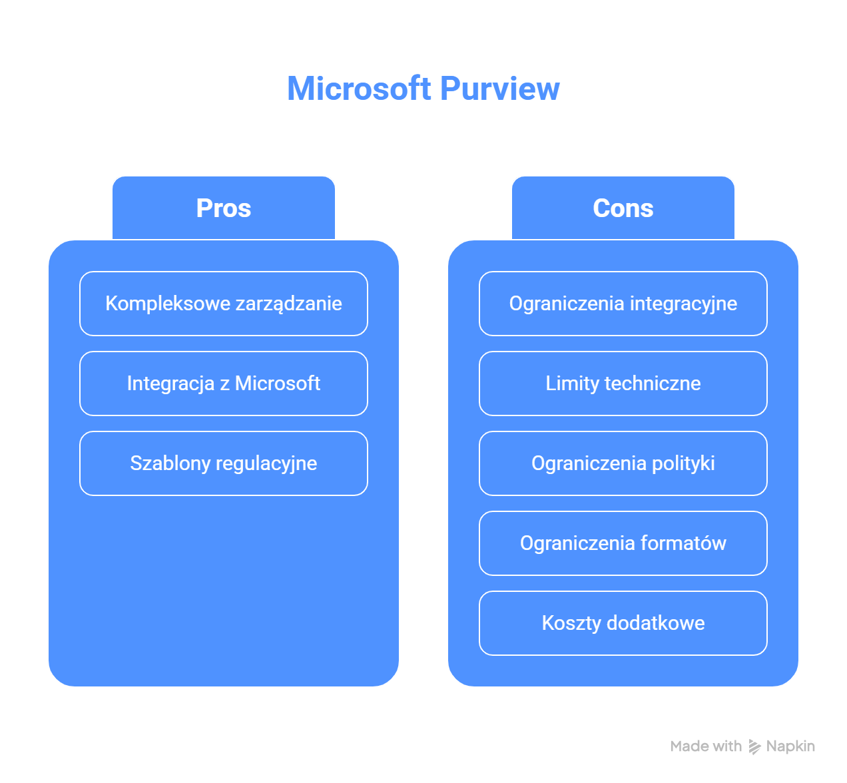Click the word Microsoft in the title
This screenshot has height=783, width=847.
coord(359,89)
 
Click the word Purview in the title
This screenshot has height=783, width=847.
coord(499,89)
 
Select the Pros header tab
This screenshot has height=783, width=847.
coord(224,208)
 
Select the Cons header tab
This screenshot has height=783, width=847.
coord(623,208)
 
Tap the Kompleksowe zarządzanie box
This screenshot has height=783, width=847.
coord(224,304)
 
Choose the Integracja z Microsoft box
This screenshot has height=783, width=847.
coord(224,384)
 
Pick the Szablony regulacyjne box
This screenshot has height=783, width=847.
coord(224,463)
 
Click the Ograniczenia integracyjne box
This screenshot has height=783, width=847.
coord(623,304)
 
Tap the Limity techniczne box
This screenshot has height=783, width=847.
coord(623,384)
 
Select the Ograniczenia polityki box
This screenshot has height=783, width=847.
coord(623,463)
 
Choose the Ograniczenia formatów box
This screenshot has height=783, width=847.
coord(623,543)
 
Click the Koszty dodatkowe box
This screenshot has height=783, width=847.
coord(623,623)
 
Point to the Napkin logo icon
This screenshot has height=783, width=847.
coord(754,746)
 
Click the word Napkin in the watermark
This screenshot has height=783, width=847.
coord(790,746)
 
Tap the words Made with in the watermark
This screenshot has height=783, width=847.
coord(706,746)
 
